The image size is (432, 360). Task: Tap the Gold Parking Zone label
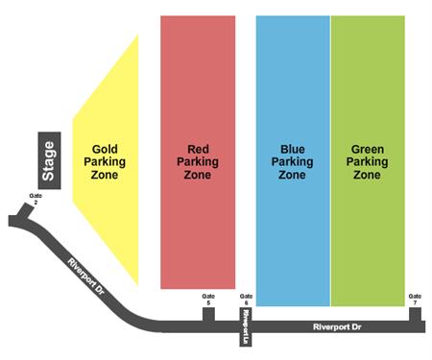(x=105, y=162)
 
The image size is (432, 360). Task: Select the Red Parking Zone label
(x=197, y=162)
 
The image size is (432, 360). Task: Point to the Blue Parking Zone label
(x=292, y=162)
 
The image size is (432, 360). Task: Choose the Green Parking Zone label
(x=368, y=162)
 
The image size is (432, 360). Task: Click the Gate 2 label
(x=36, y=200)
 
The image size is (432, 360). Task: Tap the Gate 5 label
(x=208, y=299)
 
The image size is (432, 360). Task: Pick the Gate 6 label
(x=246, y=299)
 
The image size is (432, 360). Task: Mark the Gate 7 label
(x=415, y=299)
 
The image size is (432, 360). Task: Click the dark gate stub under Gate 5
(x=208, y=313)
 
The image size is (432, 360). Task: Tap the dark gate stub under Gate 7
(x=415, y=313)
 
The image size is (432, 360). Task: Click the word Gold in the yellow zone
(x=105, y=149)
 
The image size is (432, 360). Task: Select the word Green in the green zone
(x=368, y=149)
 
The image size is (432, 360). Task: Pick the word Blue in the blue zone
(x=292, y=149)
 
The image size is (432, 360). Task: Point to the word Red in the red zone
(x=197, y=149)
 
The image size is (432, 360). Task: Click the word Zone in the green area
(x=368, y=176)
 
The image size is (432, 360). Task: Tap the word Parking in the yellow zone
(x=105, y=162)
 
